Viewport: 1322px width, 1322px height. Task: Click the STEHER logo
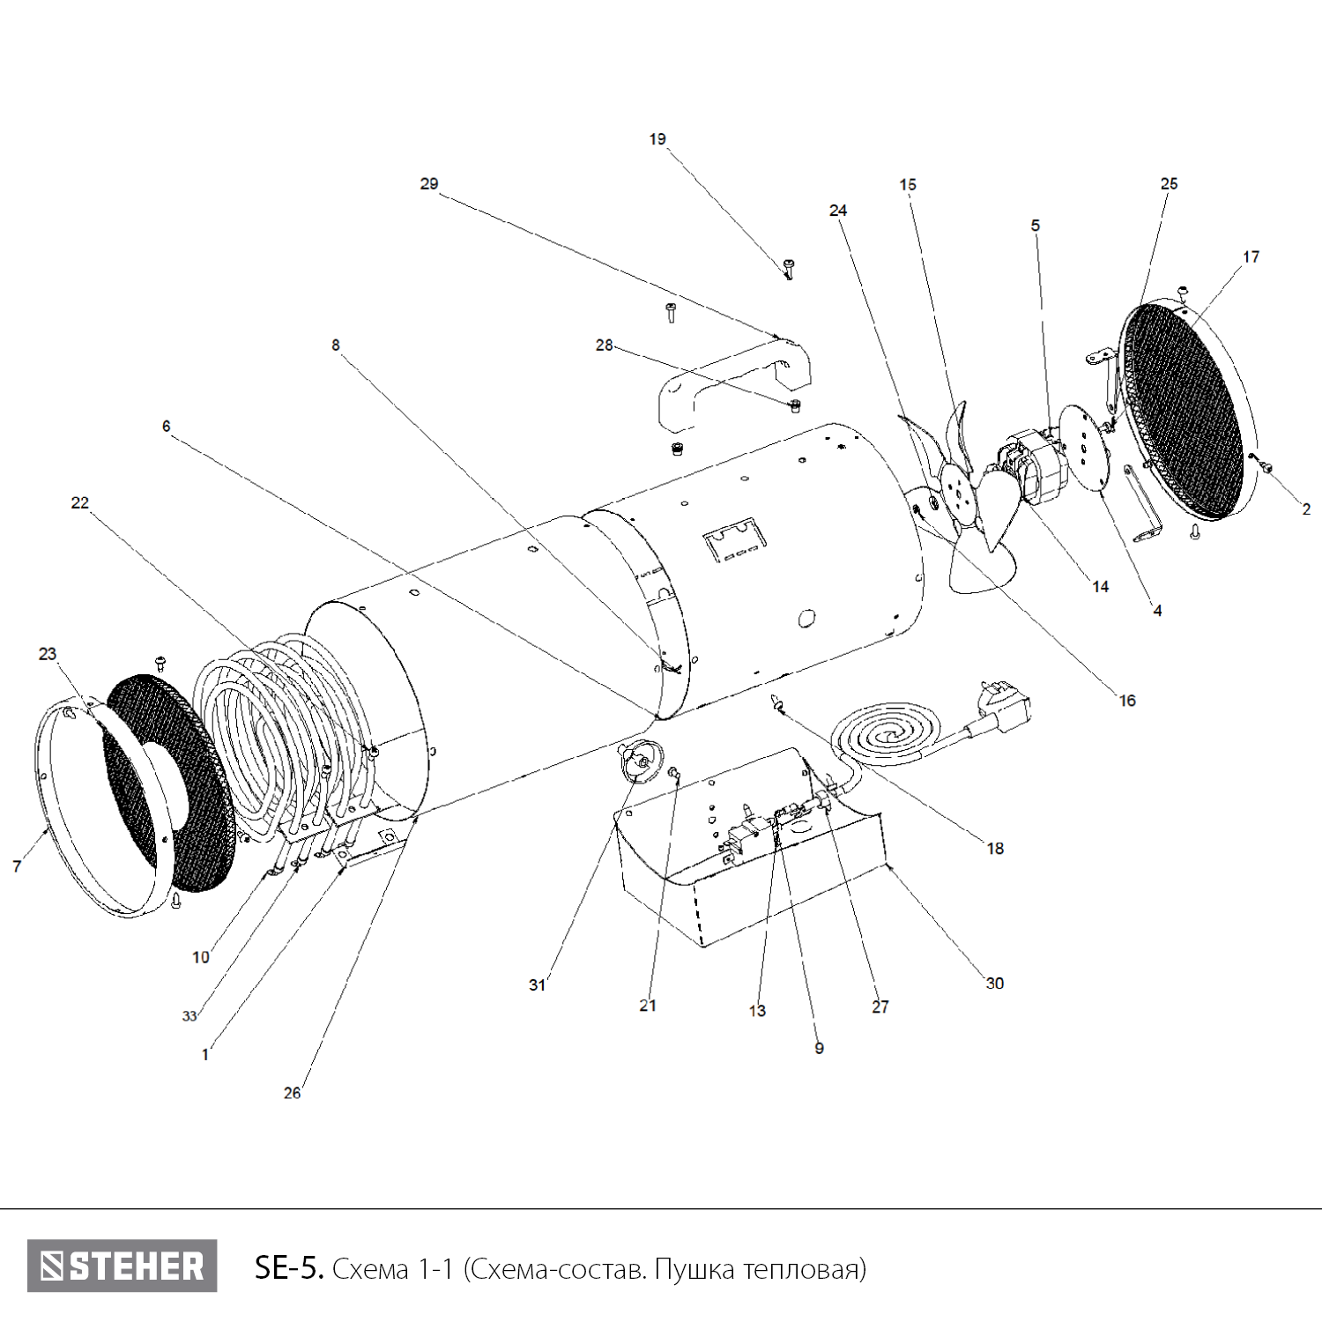[x=122, y=1266]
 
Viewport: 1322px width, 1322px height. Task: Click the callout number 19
[x=657, y=139]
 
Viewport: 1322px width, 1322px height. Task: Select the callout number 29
[x=429, y=184]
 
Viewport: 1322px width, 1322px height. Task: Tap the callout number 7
[x=17, y=867]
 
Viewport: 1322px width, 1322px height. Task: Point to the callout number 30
[x=994, y=984]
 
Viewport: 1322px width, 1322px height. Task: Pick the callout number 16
[x=1127, y=701]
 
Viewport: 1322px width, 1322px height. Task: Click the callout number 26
[x=292, y=1093]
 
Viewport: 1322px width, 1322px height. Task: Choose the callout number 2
[x=1306, y=509]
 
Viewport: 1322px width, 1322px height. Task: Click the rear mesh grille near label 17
[x=1185, y=410]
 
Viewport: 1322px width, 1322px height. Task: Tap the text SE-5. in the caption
[x=290, y=1268]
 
